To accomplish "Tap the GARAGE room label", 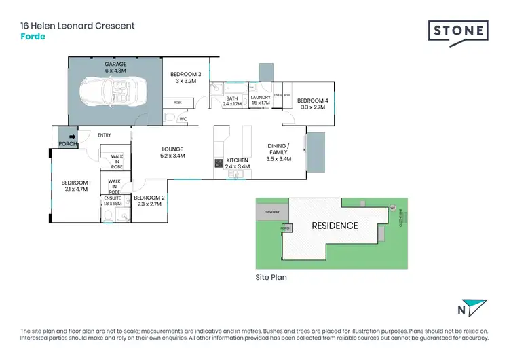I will (115, 64).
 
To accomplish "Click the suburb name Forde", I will (33, 37).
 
